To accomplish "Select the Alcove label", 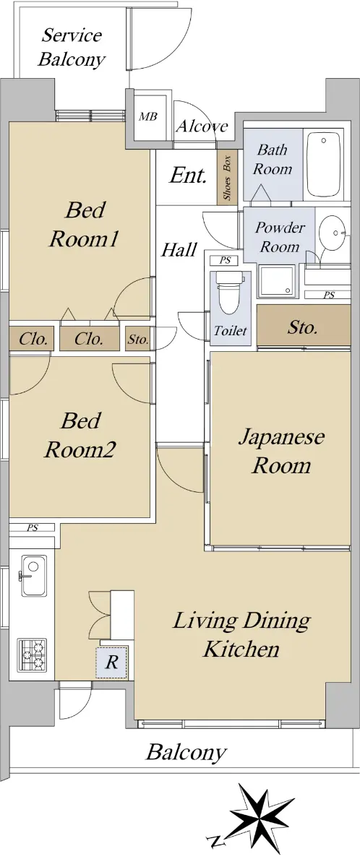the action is click(x=202, y=126).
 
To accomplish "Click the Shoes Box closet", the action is click(x=227, y=177).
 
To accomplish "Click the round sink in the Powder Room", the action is click(x=332, y=233).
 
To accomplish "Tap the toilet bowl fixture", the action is click(x=228, y=293).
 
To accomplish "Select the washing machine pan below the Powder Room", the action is click(x=277, y=281).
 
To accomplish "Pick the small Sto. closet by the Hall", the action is click(x=138, y=339).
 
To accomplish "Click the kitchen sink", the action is click(x=34, y=576).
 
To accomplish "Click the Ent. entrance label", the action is click(x=188, y=176).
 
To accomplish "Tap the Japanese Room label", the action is click(x=281, y=451).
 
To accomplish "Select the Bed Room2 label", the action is click(x=80, y=435).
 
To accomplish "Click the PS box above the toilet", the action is click(x=225, y=261).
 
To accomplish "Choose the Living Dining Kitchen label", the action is click(x=241, y=634).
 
